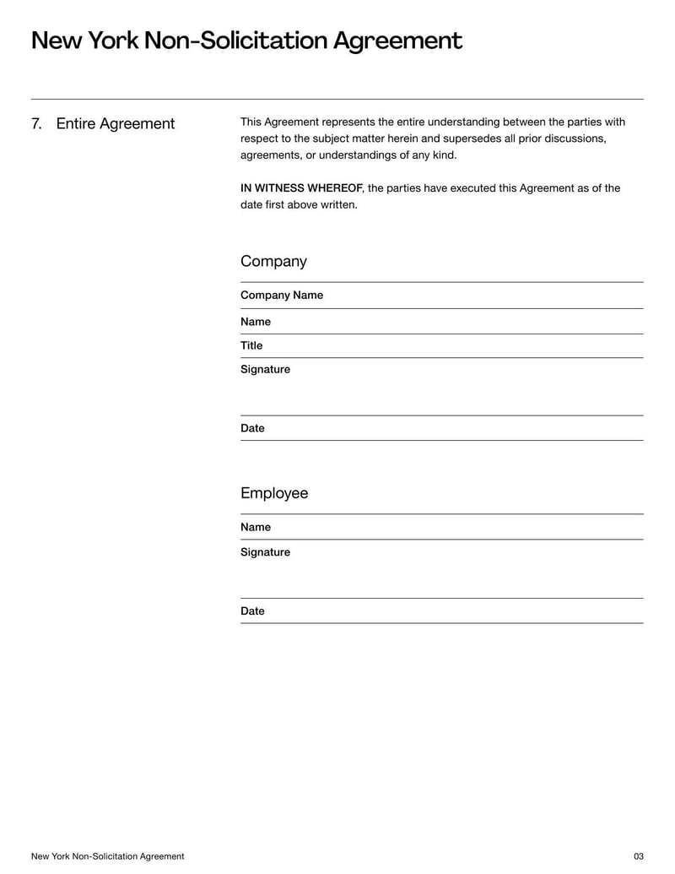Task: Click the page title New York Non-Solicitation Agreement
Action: (x=246, y=41)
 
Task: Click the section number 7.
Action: (x=36, y=124)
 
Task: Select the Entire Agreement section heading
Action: (x=116, y=124)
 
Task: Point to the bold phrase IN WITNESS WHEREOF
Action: (x=301, y=188)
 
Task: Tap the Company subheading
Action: (x=273, y=262)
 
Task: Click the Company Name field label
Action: (x=282, y=296)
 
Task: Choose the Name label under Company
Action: (x=256, y=322)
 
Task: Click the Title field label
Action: (x=251, y=345)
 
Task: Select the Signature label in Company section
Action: (x=265, y=369)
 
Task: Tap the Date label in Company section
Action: (x=252, y=428)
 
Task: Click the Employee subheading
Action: (x=274, y=493)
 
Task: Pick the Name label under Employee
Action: (x=256, y=527)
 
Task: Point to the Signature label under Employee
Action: (x=265, y=552)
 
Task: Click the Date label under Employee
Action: (x=252, y=611)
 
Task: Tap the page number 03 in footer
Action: (x=638, y=856)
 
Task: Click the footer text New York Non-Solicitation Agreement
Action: (x=107, y=856)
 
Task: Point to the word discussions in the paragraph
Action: (x=574, y=138)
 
